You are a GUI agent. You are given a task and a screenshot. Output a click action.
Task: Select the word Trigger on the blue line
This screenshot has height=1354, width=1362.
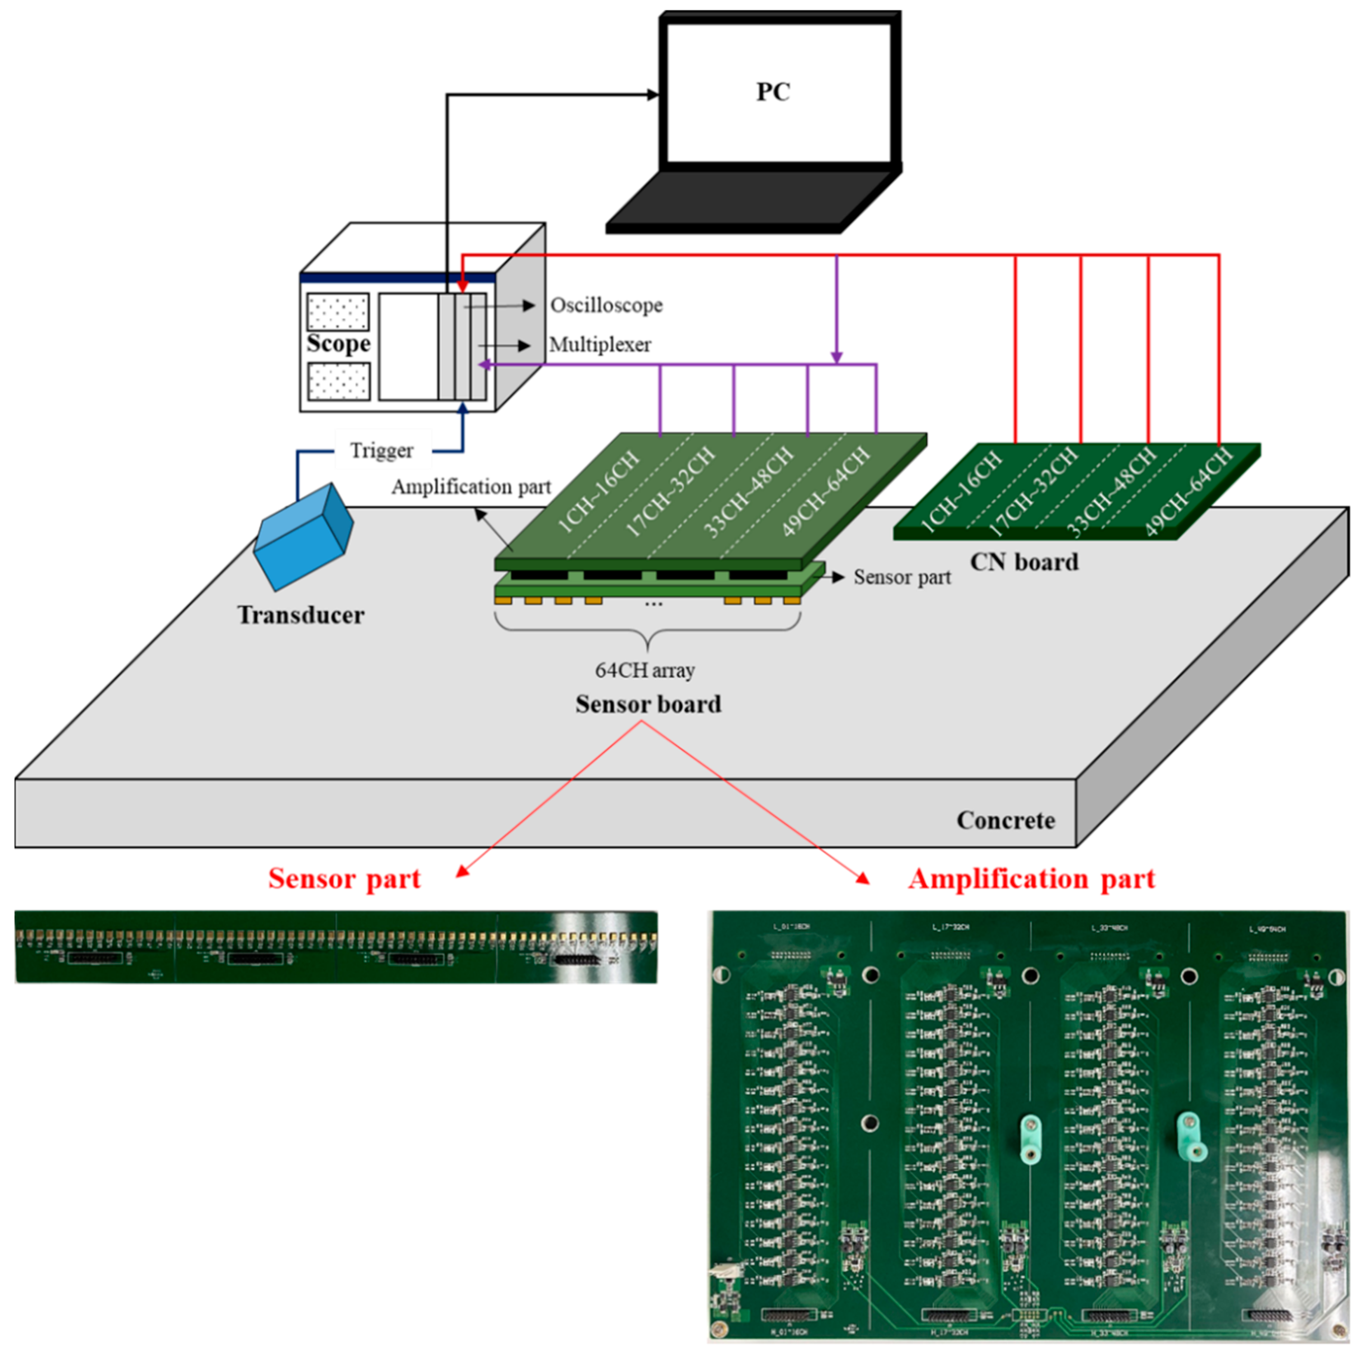click(381, 450)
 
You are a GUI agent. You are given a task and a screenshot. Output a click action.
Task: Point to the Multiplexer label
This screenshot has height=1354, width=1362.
click(600, 345)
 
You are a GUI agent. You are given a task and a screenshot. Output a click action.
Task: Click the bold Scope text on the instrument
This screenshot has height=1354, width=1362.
click(338, 343)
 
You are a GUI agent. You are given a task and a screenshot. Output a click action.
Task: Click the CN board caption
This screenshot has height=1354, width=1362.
click(1024, 562)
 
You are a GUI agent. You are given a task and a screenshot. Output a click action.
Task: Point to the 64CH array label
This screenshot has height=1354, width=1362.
click(645, 670)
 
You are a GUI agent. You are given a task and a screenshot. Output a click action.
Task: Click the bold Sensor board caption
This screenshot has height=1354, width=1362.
click(648, 704)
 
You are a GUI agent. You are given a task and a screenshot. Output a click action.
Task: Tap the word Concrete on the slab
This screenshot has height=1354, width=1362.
click(1005, 821)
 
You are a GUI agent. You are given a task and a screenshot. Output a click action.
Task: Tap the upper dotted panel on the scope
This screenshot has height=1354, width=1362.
click(338, 311)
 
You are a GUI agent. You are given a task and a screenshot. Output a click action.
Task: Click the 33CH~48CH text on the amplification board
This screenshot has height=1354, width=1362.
click(749, 491)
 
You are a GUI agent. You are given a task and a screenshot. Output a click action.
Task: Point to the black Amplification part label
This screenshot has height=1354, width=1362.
click(471, 487)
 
